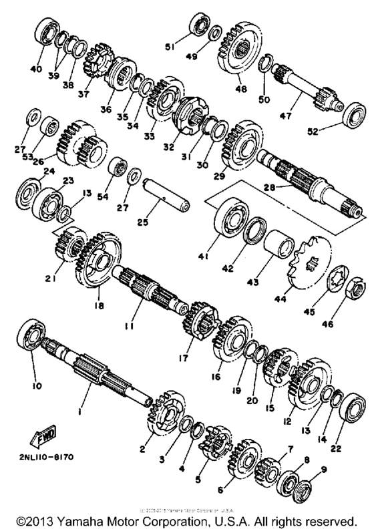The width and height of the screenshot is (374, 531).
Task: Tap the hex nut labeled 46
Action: point(357,289)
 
